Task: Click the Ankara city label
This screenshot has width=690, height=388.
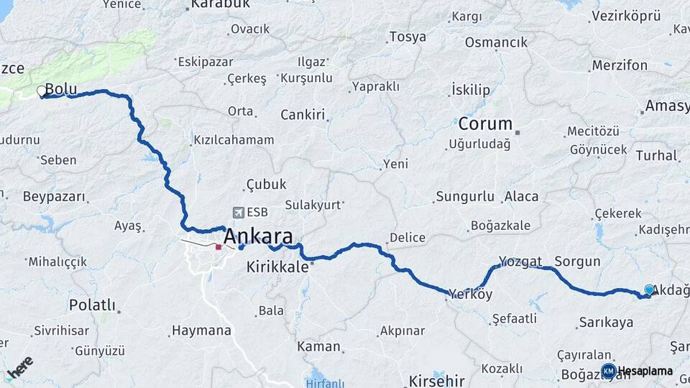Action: click(258, 236)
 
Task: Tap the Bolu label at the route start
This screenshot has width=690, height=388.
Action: click(61, 89)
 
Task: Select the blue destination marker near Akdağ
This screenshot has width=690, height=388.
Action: click(649, 290)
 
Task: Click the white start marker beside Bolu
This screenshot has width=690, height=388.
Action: click(42, 91)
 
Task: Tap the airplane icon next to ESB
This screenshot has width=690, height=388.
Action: click(239, 213)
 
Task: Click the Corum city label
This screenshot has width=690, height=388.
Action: click(485, 124)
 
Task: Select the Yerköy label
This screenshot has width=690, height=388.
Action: click(471, 294)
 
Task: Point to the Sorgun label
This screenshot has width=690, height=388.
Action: click(577, 262)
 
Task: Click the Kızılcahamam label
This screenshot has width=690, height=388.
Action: click(234, 140)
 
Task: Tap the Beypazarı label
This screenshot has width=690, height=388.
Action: click(54, 196)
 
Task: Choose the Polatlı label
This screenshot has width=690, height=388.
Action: click(92, 305)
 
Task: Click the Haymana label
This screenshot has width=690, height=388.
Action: click(201, 331)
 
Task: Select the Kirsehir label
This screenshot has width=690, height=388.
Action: click(436, 381)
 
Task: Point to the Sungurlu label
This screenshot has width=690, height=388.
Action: click(465, 196)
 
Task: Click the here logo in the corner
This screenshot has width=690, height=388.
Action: click(20, 368)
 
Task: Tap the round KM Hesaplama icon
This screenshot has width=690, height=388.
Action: click(609, 371)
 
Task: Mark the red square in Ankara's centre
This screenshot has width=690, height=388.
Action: click(218, 247)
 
